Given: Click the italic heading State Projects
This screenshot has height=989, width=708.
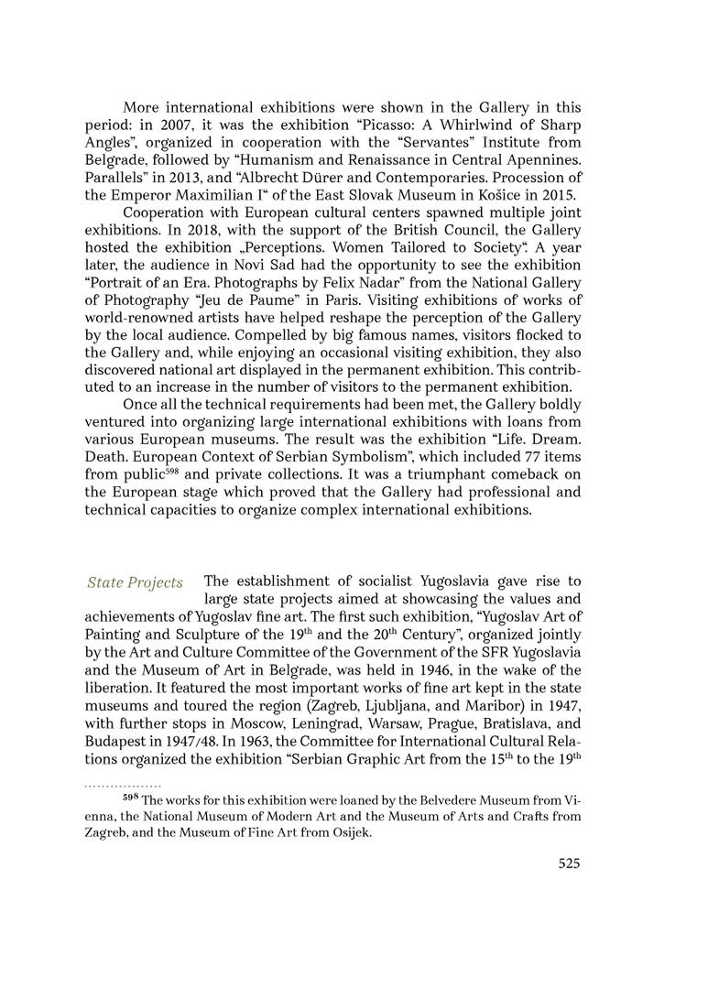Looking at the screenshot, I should coord(135,582).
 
